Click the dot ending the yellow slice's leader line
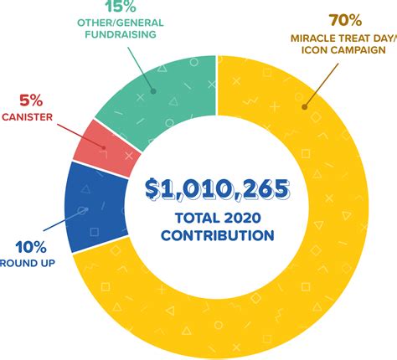[x=307, y=107]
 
